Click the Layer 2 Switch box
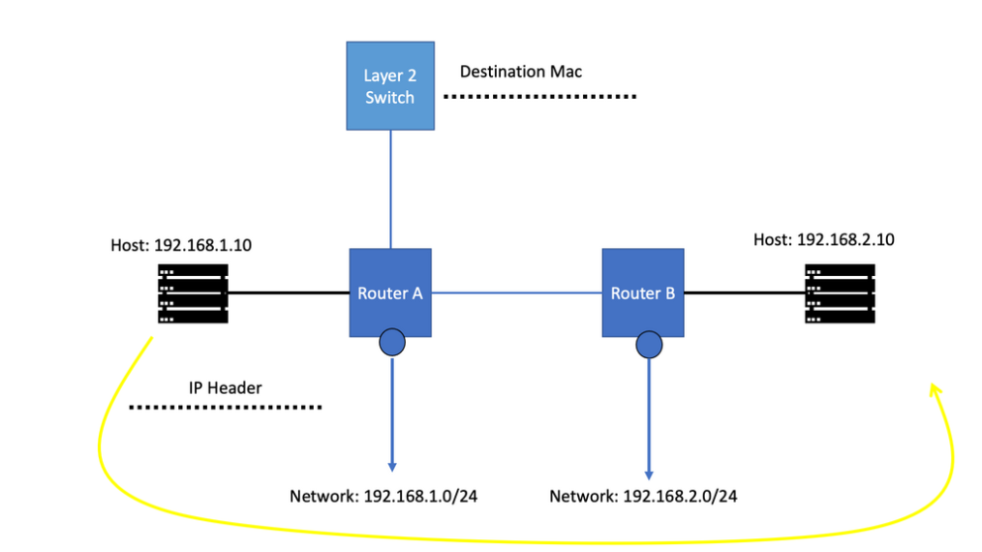pyautogui.click(x=390, y=85)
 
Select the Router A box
pyautogui.click(x=390, y=292)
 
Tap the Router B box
pyautogui.click(x=643, y=292)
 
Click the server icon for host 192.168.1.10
pyautogui.click(x=192, y=293)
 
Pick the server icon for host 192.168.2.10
pyautogui.click(x=839, y=292)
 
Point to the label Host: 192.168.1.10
pyautogui.click(x=181, y=245)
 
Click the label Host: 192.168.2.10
pyautogui.click(x=823, y=239)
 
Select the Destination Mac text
pyautogui.click(x=520, y=72)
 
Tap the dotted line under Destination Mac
pyautogui.click(x=539, y=97)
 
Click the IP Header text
pyautogui.click(x=225, y=388)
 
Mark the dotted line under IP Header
pyautogui.click(x=225, y=408)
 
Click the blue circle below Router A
pyautogui.click(x=392, y=343)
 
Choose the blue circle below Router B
pyautogui.click(x=648, y=344)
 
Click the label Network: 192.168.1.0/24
pyautogui.click(x=384, y=497)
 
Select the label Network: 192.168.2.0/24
pyautogui.click(x=643, y=497)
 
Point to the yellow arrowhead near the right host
pyautogui.click(x=935, y=389)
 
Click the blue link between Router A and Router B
pyautogui.click(x=516, y=291)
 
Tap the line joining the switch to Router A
pyautogui.click(x=390, y=189)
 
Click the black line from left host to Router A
pyautogui.click(x=289, y=292)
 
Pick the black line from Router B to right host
pyautogui.click(x=744, y=292)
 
